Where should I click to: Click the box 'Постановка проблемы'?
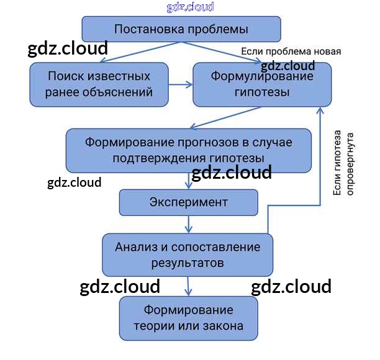[x=181, y=29]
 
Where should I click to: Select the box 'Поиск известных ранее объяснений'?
[x=99, y=84]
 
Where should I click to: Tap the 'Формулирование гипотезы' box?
[x=261, y=84]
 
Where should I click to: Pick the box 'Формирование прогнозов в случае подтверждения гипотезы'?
[x=188, y=150]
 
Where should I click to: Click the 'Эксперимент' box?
[x=188, y=202]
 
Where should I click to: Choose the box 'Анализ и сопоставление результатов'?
[x=188, y=254]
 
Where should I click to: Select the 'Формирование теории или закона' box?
[x=188, y=318]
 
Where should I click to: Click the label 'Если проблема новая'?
[x=291, y=52]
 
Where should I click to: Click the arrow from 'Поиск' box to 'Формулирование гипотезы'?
[x=181, y=84]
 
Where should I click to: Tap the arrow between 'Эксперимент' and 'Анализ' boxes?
[x=188, y=223]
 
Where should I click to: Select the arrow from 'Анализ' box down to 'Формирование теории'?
[x=188, y=286]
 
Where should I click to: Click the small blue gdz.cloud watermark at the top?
[x=190, y=7]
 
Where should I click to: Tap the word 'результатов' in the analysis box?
[x=188, y=263]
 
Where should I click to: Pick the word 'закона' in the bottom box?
[x=222, y=326]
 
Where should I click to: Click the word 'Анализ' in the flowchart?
[x=136, y=246]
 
